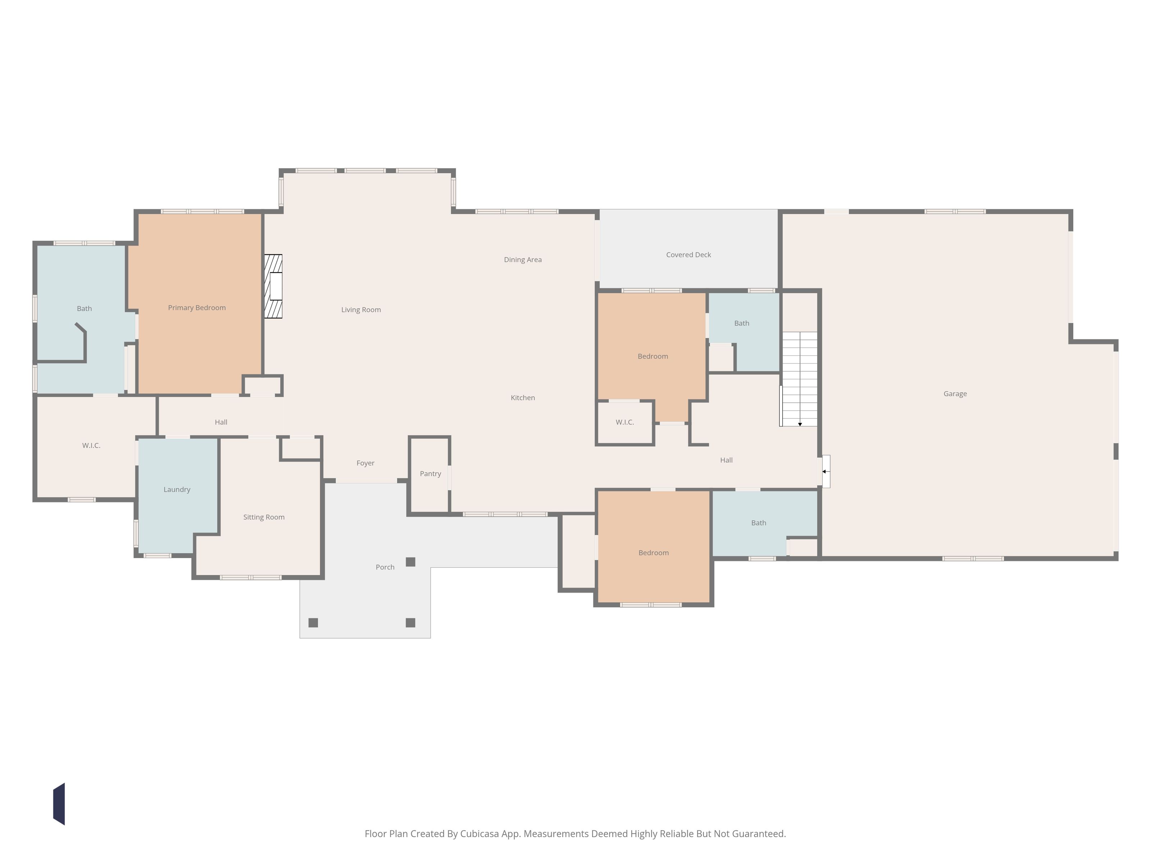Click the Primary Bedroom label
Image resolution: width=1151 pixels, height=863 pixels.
point(197,308)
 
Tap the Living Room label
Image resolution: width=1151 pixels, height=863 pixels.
point(361,310)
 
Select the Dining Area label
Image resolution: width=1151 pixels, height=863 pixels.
point(523,260)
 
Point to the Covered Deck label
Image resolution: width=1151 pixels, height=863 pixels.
point(688,255)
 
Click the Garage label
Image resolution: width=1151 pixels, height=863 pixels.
point(955,394)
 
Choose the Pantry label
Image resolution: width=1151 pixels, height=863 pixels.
point(430,474)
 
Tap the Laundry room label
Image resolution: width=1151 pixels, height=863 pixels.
point(177,489)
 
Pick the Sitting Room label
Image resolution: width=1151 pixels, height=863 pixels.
point(264,517)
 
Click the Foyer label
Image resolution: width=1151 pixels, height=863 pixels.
point(365,463)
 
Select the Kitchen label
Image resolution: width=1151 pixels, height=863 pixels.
point(523,398)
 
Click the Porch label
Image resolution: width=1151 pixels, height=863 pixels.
point(385,567)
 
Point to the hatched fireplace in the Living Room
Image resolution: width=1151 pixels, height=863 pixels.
point(273,286)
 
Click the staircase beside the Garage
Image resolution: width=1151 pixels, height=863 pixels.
point(800,379)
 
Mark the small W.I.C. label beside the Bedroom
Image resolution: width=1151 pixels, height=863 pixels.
point(624,423)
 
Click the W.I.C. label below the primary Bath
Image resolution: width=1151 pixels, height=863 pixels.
point(91,446)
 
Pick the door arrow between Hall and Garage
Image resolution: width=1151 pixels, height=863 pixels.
point(824,471)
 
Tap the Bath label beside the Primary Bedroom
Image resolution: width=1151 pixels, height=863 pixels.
point(84,309)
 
